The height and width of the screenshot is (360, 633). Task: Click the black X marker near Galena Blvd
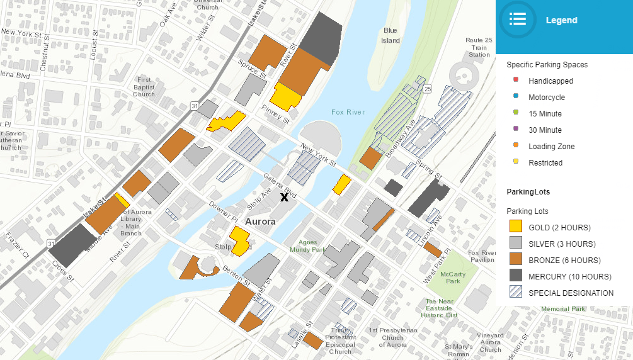click(x=284, y=197)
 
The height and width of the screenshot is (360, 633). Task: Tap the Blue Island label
click(x=391, y=35)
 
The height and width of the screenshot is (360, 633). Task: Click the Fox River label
click(x=348, y=112)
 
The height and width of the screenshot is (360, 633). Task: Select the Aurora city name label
click(x=260, y=222)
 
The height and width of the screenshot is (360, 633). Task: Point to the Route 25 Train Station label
click(x=479, y=47)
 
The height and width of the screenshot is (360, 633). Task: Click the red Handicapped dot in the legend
click(x=516, y=81)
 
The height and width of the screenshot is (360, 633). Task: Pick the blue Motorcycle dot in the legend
click(x=516, y=97)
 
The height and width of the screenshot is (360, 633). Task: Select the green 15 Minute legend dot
click(x=516, y=113)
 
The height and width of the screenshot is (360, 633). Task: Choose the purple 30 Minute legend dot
click(x=516, y=130)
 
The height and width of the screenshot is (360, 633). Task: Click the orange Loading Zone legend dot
click(x=516, y=146)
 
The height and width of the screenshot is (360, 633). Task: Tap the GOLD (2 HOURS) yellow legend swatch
click(x=516, y=227)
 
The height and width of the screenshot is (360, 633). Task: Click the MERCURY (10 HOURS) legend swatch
click(x=516, y=276)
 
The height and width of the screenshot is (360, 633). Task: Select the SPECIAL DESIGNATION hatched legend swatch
click(x=516, y=292)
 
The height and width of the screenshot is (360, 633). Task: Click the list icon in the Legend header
click(x=518, y=20)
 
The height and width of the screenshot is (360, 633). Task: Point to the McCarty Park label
click(x=452, y=278)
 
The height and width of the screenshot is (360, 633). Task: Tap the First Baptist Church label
click(x=144, y=87)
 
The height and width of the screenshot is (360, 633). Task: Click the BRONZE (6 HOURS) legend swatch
click(x=516, y=259)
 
